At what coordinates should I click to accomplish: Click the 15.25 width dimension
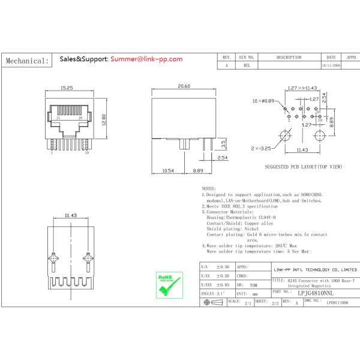click(66, 88)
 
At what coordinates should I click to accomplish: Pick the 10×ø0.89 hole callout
click(263, 101)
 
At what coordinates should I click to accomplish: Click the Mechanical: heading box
click(27, 61)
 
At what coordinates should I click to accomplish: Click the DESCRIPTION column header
click(289, 58)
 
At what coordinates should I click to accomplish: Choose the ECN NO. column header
click(247, 58)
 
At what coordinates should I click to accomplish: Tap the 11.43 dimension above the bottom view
click(70, 214)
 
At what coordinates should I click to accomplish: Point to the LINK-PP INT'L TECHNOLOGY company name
click(315, 271)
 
